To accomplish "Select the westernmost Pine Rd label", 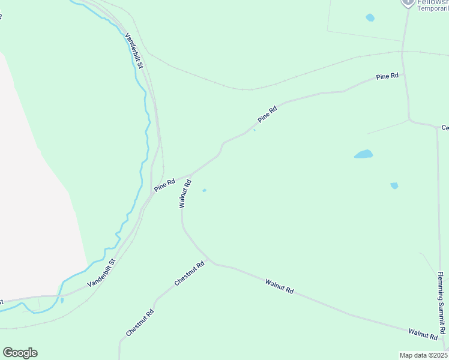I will click(x=164, y=185).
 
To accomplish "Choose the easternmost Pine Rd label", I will click(x=387, y=77).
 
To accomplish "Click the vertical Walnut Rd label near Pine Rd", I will click(x=185, y=193).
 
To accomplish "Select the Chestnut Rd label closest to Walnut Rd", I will click(x=190, y=273).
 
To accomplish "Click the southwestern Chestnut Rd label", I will click(x=140, y=322).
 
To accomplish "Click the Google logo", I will click(x=20, y=353).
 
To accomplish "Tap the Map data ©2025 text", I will click(x=423, y=355).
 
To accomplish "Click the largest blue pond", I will click(x=363, y=154).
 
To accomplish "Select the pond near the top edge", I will click(x=370, y=17).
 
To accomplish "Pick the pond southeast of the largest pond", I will click(x=394, y=185).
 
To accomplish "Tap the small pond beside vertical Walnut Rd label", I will click(x=205, y=191).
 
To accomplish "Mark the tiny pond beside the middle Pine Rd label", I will click(x=255, y=130).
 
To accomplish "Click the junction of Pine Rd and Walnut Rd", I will click(x=191, y=175).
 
